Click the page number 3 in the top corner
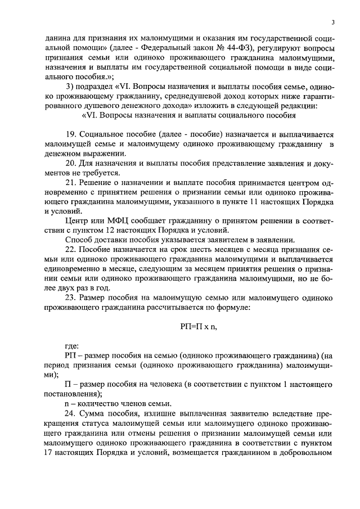333,22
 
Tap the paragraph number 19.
71,136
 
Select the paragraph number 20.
71,164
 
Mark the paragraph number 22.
71,249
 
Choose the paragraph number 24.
71,415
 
